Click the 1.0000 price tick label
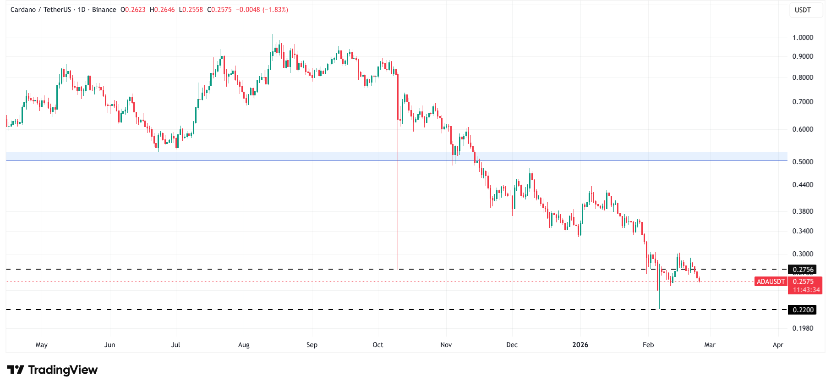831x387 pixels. coord(803,38)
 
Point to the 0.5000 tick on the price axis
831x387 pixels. coord(803,162)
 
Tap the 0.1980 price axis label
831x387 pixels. coord(803,328)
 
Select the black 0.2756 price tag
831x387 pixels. coord(803,270)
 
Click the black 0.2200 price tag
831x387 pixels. coord(803,310)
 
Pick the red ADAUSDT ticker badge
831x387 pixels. coord(771,282)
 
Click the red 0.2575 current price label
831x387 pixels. coord(804,282)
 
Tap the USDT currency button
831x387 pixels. coord(803,10)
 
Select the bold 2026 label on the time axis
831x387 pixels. coord(580,345)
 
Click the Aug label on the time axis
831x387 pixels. coord(244,345)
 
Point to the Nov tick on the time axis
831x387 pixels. coord(446,345)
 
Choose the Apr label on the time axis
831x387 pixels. coord(778,345)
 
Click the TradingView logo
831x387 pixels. coord(52,370)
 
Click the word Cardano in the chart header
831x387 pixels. coord(23,10)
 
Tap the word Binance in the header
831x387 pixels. coord(104,10)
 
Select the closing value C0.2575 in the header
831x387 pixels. coord(219,10)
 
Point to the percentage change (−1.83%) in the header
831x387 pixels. coord(275,10)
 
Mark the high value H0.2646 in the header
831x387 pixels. coord(162,10)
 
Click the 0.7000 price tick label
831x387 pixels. coord(803,102)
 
